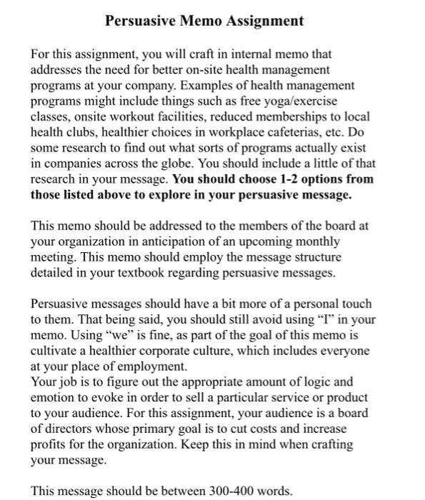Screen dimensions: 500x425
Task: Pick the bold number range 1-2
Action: point(276,179)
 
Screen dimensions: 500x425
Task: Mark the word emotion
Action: point(54,398)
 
